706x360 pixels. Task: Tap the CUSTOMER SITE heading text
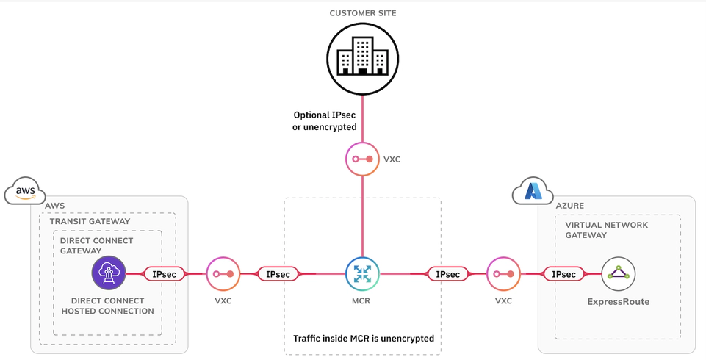pos(363,13)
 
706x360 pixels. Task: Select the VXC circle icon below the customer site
pos(361,159)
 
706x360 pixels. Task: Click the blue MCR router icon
pos(361,274)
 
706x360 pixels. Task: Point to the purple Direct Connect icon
pos(109,274)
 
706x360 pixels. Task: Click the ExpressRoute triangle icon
pos(618,274)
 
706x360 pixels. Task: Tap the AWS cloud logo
pos(24,192)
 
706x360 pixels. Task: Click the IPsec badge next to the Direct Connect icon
pos(163,274)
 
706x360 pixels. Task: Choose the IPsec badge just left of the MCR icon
pos(278,274)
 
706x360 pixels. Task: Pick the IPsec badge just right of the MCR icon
pos(447,274)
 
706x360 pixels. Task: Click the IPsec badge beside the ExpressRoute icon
pos(563,274)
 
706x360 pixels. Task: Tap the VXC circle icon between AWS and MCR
pos(223,274)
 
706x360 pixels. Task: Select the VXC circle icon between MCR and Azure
pos(503,274)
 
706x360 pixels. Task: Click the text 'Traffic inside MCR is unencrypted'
pos(363,339)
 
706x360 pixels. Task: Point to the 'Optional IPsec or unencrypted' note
pos(325,121)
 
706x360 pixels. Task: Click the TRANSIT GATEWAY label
pos(90,221)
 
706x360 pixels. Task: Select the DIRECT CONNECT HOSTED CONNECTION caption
pos(107,306)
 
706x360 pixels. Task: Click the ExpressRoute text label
pos(618,301)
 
